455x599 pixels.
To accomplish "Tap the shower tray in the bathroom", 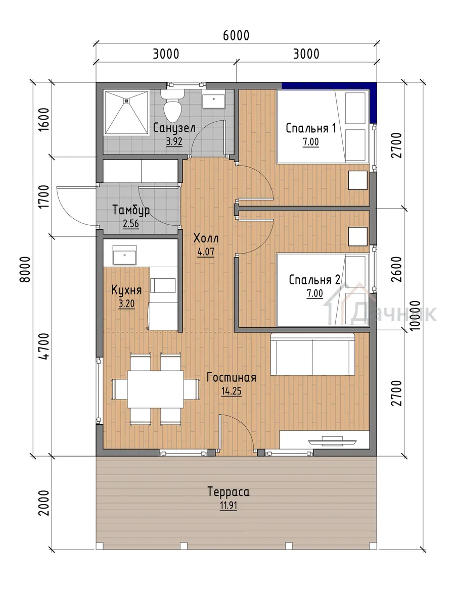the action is coord(126,112).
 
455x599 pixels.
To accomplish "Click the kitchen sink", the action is coord(124,255).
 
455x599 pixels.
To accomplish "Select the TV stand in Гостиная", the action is coord(325,440).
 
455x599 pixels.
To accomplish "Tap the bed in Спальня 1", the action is coord(323,127).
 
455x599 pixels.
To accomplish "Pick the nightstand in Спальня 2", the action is coord(358,236).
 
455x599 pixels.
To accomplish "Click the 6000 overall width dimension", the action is coord(236,35).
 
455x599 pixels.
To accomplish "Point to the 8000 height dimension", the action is coord(25,269).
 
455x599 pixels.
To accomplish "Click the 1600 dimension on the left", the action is coord(44,120).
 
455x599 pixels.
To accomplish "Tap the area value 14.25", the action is coord(232,391).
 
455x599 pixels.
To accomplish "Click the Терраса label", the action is coord(229,491).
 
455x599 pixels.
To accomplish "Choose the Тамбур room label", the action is coord(131,210).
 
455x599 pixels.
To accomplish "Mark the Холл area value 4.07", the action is coord(206,252).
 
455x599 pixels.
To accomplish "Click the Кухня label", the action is coord(126,290).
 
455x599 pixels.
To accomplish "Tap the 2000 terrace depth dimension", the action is coord(44,503).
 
